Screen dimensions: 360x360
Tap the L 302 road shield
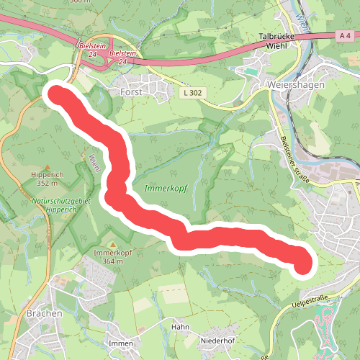click(x=192, y=93)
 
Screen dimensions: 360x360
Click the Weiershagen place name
click(x=295, y=84)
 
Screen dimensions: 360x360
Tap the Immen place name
click(x=121, y=343)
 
